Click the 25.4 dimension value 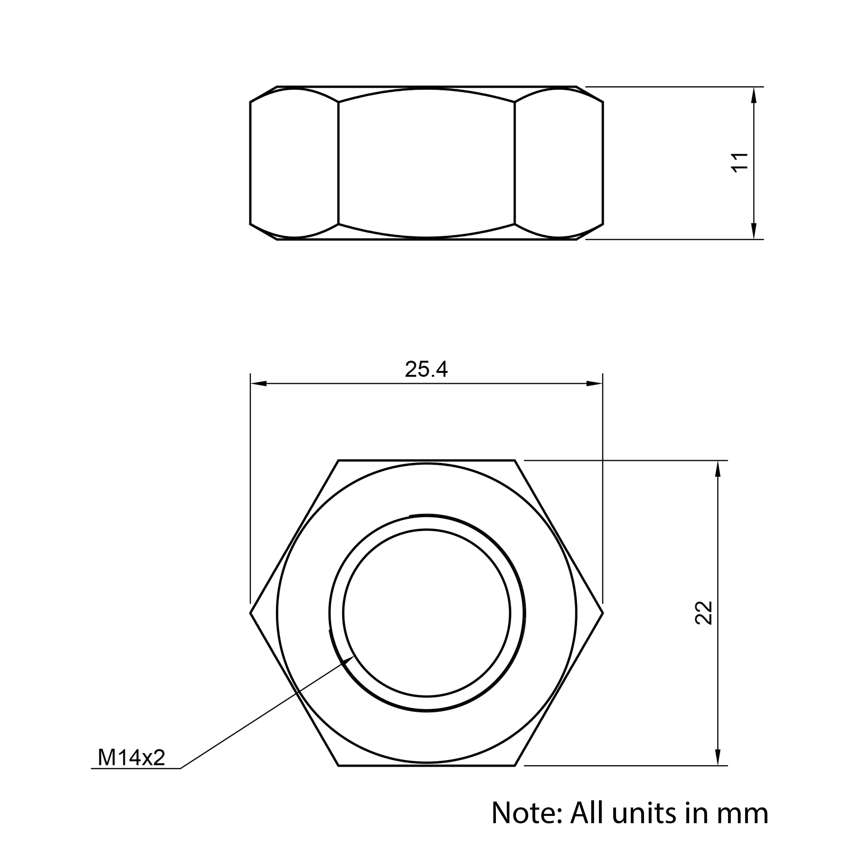(426, 370)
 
